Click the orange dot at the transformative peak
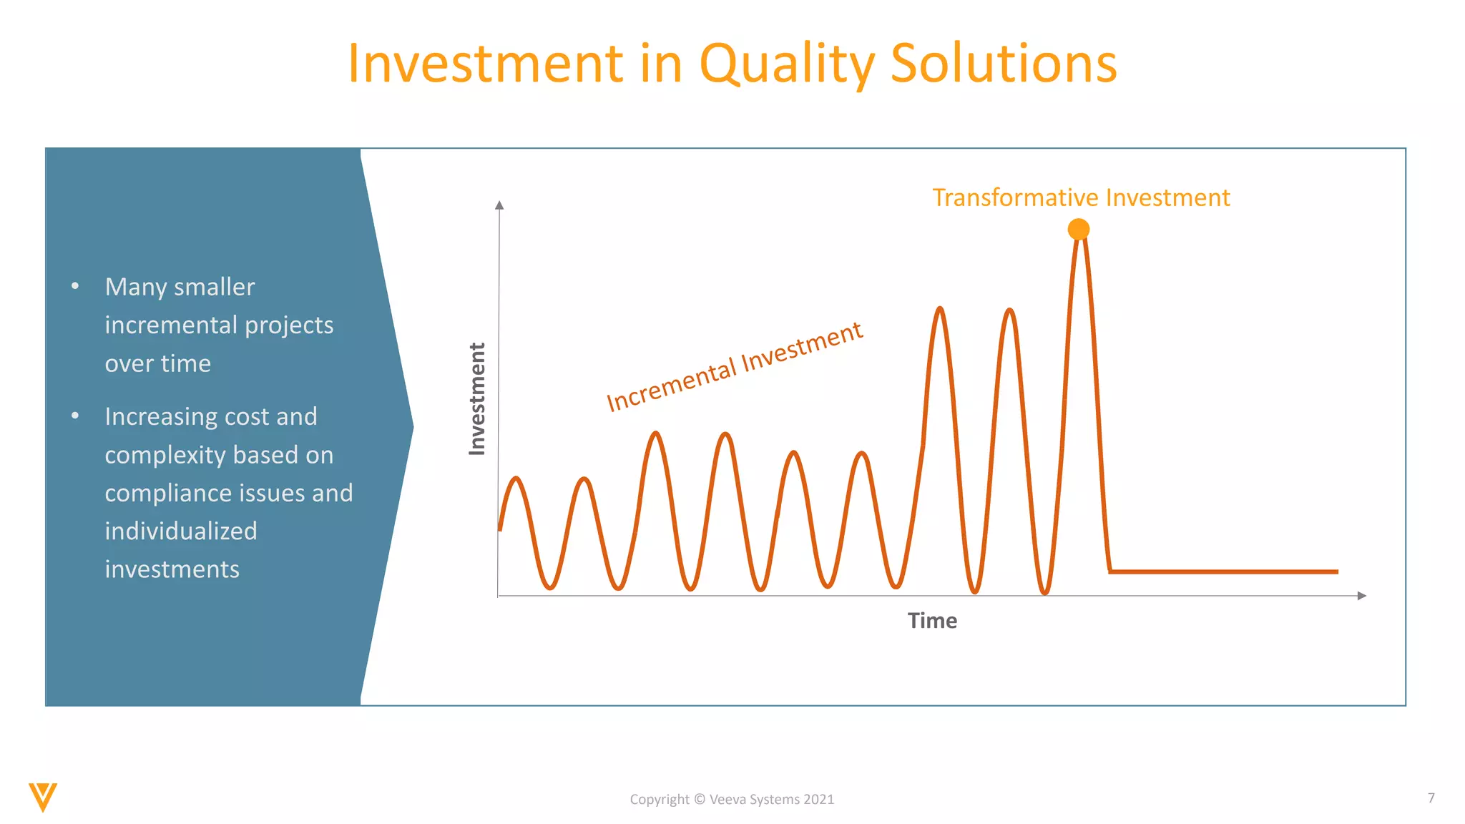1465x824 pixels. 1078,230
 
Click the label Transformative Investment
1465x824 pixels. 1080,197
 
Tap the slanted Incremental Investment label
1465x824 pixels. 734,367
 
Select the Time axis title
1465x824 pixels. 931,621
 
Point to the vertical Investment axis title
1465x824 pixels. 477,398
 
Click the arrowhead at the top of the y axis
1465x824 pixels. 499,205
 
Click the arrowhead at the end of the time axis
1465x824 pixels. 1361,596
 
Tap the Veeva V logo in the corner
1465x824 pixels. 43,797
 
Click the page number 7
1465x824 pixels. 1431,798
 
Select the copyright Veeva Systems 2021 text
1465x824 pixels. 732,800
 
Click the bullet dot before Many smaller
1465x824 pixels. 75,287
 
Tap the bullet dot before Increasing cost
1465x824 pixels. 75,416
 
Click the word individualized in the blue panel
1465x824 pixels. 181,531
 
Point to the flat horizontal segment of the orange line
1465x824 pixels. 1223,572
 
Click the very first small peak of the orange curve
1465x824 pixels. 516,479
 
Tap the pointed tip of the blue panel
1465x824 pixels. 411,427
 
